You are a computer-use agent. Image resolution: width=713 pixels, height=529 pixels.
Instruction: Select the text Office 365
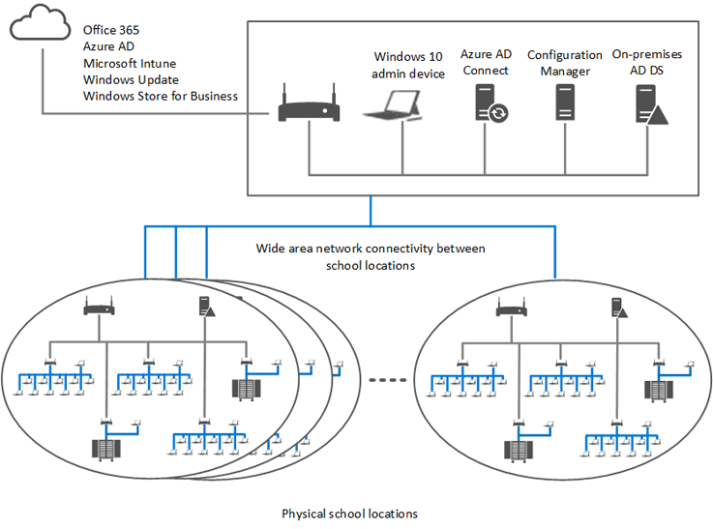110,30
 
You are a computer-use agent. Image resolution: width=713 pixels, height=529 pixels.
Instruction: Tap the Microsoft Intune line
130,63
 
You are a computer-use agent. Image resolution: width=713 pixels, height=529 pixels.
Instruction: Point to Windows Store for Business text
161,96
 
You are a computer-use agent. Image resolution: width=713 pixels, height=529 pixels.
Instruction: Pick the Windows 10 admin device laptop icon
395,107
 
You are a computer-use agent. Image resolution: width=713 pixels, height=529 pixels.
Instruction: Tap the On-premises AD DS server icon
650,103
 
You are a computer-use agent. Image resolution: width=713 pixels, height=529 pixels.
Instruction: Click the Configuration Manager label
565,63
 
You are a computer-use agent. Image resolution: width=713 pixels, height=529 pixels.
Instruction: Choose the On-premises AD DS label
650,63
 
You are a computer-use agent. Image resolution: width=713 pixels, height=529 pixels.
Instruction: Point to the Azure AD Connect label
485,63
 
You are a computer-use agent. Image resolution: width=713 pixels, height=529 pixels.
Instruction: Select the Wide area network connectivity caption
371,256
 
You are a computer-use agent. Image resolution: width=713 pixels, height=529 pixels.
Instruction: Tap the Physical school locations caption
349,513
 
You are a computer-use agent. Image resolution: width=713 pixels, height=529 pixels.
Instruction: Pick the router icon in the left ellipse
99,308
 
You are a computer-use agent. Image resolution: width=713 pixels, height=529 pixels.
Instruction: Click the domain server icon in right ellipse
617,308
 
